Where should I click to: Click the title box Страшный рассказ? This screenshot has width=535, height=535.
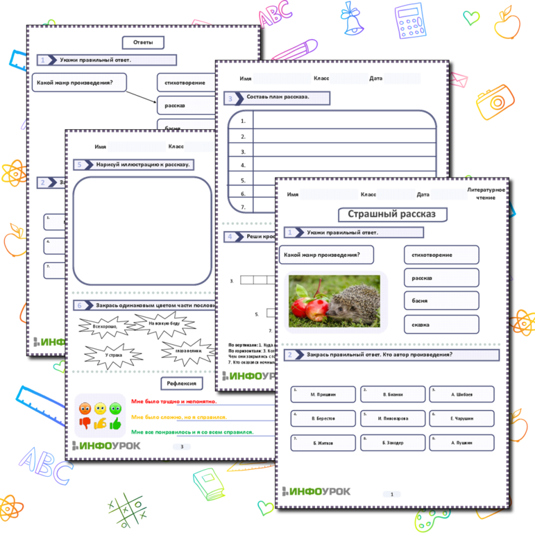(392, 214)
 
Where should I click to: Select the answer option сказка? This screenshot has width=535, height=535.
(441, 324)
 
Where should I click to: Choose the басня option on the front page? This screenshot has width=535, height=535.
(441, 301)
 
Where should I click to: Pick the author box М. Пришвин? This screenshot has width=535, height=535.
(323, 394)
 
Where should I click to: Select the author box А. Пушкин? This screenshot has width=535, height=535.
(461, 442)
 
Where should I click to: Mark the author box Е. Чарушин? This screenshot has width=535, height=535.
(461, 418)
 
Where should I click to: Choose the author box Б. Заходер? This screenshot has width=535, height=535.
(393, 442)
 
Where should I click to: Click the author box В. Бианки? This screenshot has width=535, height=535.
(393, 394)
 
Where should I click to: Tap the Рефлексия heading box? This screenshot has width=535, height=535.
(181, 384)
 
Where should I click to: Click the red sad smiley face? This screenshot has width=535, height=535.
(85, 408)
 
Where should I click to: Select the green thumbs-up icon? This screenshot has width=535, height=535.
(115, 422)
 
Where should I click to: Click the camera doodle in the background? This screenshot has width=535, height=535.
(497, 101)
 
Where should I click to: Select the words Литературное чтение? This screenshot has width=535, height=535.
(486, 194)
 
